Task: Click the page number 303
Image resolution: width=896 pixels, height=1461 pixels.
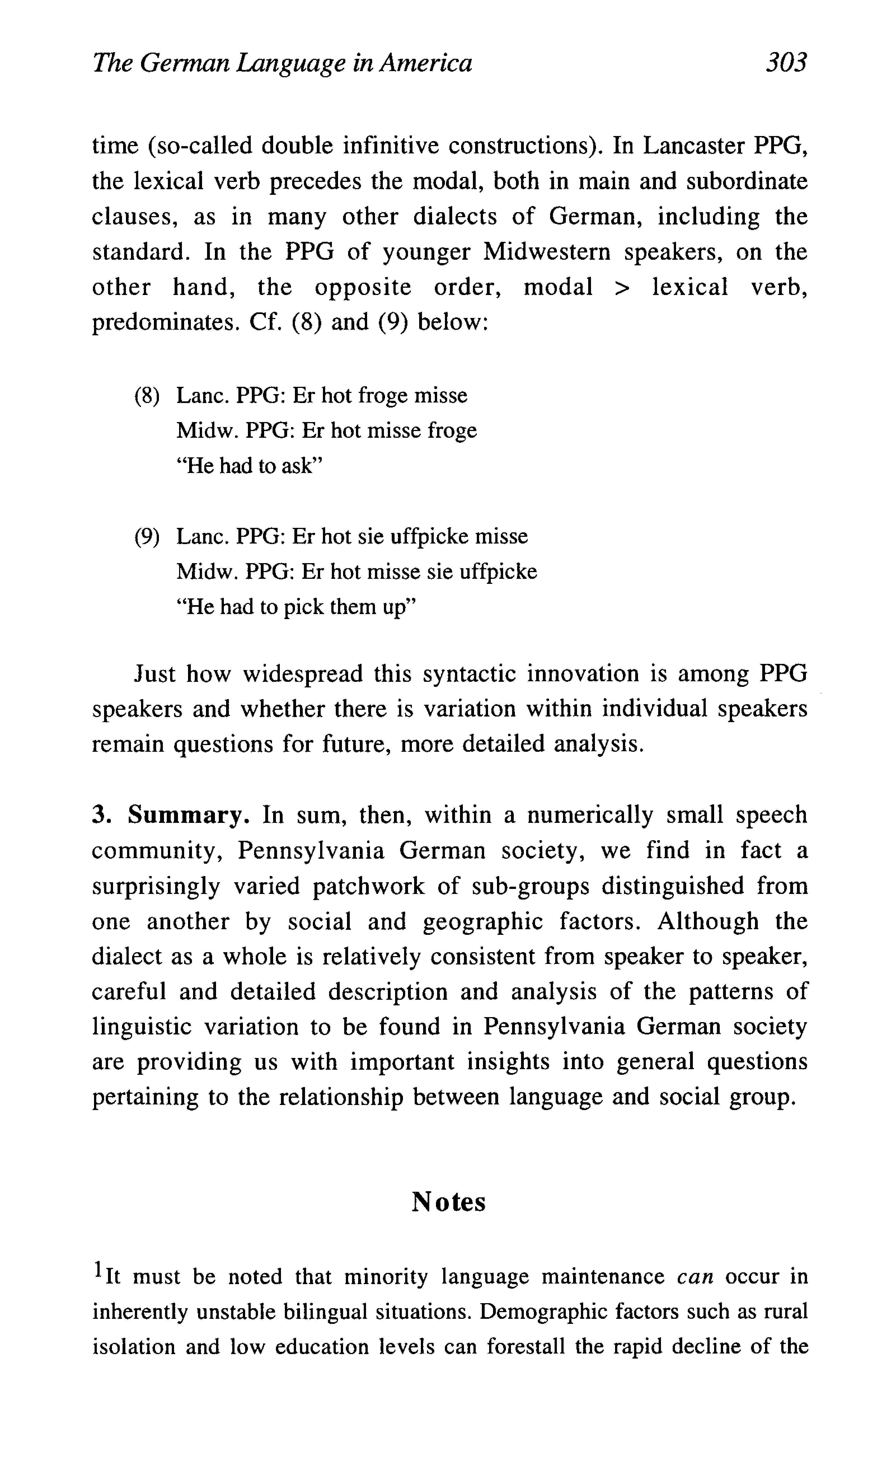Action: tap(786, 62)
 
